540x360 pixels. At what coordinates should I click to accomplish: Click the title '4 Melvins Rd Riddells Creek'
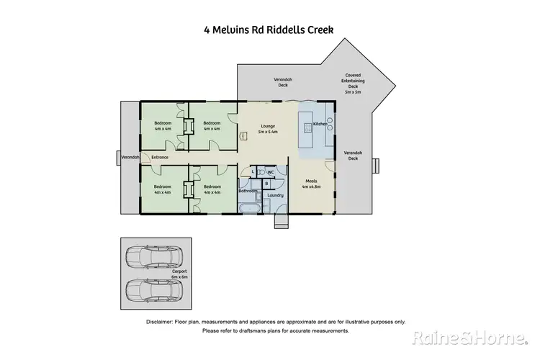[270, 30]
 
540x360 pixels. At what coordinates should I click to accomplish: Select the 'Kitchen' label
[320, 125]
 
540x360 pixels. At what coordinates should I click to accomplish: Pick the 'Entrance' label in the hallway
[159, 157]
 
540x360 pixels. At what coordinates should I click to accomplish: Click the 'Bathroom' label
[248, 191]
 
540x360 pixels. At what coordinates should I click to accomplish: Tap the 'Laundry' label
[274, 195]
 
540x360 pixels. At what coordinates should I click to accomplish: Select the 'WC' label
[271, 172]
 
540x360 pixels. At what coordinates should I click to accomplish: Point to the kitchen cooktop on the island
[307, 128]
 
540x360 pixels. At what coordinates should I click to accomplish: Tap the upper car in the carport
[153, 257]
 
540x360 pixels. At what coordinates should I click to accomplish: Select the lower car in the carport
[153, 289]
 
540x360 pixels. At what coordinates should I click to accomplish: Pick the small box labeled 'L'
[253, 172]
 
